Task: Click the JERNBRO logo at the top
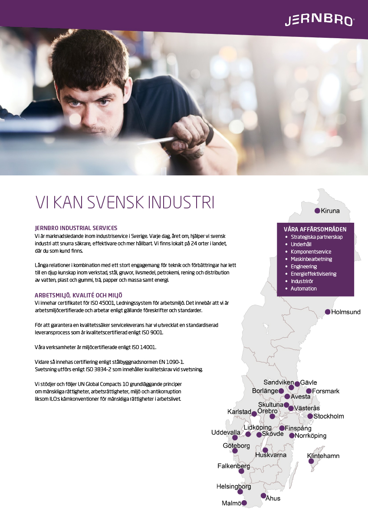tap(319, 20)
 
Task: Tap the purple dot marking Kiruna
tap(317, 211)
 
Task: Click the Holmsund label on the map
tap(346, 312)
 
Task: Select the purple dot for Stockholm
tap(310, 416)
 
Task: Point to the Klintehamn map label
tap(323, 456)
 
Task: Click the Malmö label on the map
tap(231, 503)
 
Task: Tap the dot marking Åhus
tap(263, 495)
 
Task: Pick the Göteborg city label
tap(236, 446)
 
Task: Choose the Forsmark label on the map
tap(326, 391)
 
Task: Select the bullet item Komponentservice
tap(311, 252)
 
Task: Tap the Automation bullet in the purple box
tap(303, 289)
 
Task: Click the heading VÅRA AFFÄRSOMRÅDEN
tap(315, 229)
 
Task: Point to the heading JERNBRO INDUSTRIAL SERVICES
tap(76, 228)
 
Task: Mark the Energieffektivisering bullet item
tap(313, 274)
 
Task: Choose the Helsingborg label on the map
tap(233, 487)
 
